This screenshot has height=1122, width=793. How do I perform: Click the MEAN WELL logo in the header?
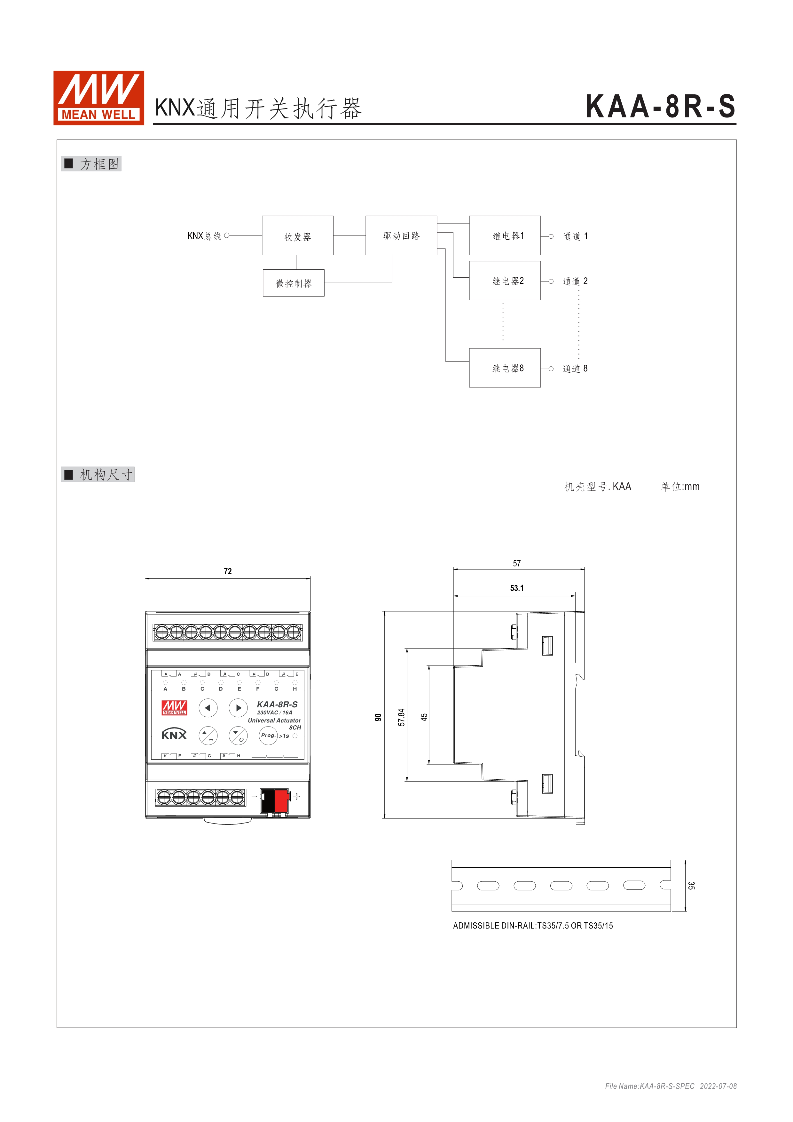click(x=98, y=98)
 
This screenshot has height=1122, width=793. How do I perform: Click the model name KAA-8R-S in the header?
click(x=660, y=107)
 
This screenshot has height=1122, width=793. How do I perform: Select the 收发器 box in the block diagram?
click(x=297, y=235)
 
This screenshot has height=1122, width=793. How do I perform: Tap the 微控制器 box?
click(x=294, y=283)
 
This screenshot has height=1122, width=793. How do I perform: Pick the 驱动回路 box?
click(x=401, y=235)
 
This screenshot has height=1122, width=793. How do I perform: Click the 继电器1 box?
click(x=504, y=235)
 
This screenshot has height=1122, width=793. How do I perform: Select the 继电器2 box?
click(x=504, y=281)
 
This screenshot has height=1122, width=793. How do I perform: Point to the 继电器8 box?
click(x=504, y=368)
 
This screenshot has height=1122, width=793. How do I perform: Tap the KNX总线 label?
click(x=204, y=236)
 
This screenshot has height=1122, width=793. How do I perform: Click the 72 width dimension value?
click(x=228, y=571)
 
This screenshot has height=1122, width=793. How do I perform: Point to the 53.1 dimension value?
click(x=517, y=588)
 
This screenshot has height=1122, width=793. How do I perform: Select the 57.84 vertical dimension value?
click(x=401, y=717)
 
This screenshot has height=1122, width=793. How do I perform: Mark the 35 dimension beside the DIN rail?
click(x=691, y=886)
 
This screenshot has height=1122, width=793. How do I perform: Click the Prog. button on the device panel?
click(x=268, y=735)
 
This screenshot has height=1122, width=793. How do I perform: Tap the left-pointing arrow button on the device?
click(x=208, y=708)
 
